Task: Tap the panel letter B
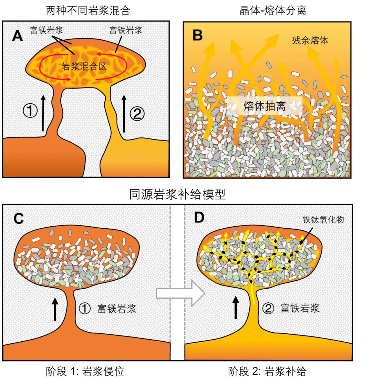(x=197, y=36)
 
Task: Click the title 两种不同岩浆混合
(x=88, y=10)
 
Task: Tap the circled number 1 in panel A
(x=30, y=111)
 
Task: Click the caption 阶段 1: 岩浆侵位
(x=85, y=372)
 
